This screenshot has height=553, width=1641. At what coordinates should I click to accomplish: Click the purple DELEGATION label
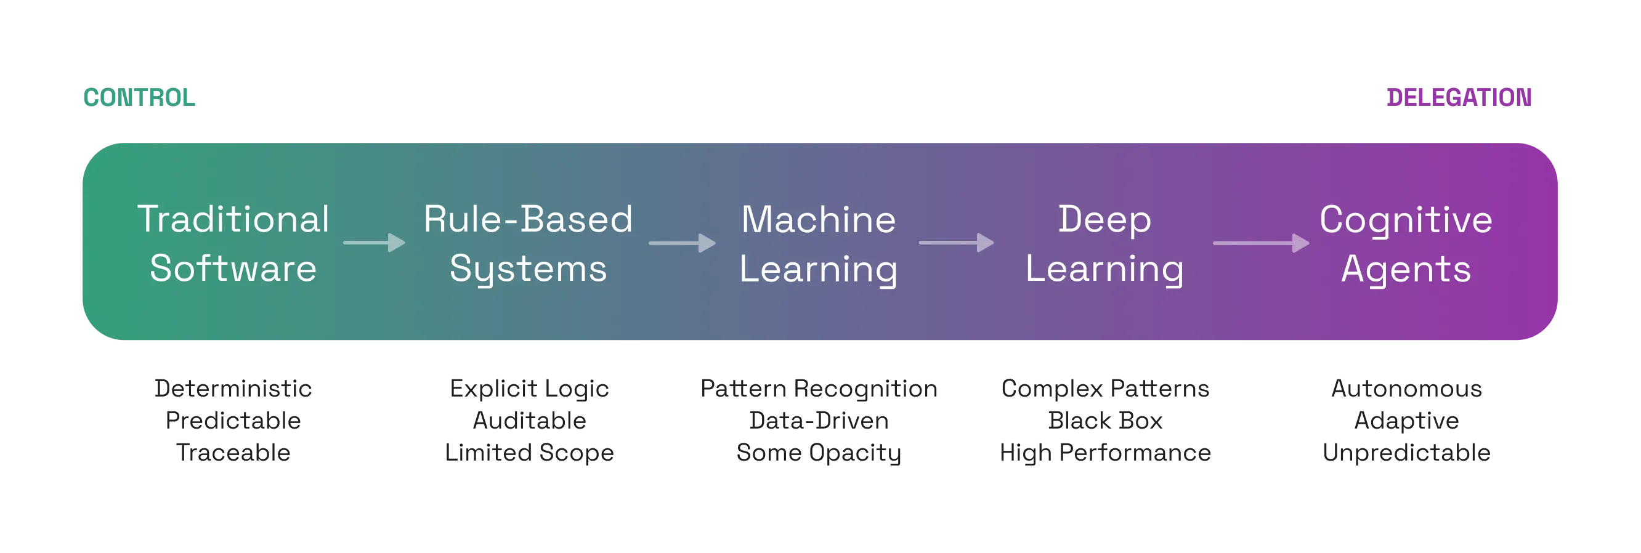click(x=1458, y=97)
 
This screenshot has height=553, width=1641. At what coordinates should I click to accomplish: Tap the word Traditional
click(x=233, y=220)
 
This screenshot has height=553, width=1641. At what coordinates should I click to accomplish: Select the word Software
click(x=233, y=268)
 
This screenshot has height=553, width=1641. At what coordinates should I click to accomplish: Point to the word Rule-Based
click(x=528, y=220)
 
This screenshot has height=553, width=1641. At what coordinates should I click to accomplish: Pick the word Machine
click(x=819, y=220)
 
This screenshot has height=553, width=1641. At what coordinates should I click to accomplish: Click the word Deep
click(x=1104, y=220)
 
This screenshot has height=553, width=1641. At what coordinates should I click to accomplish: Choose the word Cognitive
click(x=1406, y=220)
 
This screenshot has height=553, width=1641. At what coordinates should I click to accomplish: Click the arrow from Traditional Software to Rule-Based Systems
click(x=375, y=243)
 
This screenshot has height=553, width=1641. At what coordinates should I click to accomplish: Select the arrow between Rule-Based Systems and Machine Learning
click(x=683, y=243)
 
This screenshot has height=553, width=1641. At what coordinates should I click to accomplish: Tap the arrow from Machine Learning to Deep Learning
click(x=956, y=243)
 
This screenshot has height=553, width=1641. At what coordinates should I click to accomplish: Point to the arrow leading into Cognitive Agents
click(x=1261, y=243)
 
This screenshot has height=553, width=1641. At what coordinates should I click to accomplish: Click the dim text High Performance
click(x=1105, y=453)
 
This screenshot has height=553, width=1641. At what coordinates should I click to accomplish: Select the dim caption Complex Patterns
click(x=1105, y=388)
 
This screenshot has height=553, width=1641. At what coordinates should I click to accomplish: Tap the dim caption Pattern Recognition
click(x=820, y=388)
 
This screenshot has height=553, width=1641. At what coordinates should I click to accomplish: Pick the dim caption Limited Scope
click(x=529, y=453)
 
